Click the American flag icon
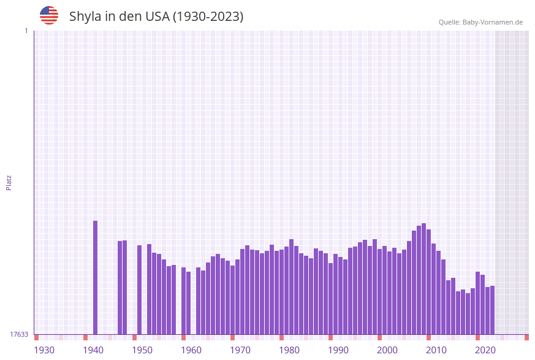49,15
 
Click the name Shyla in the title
85,17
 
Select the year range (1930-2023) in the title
208,17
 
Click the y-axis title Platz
9,182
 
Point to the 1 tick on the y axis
26,31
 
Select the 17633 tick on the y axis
19,334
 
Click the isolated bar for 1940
96,277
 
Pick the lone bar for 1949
140,289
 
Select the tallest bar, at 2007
424,278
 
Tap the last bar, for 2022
492,310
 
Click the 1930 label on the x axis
44,350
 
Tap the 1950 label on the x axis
142,350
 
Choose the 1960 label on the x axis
191,350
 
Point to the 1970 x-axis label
240,350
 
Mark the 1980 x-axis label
289,350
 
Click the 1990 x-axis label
338,350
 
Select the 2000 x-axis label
387,350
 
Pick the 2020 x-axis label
485,350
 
